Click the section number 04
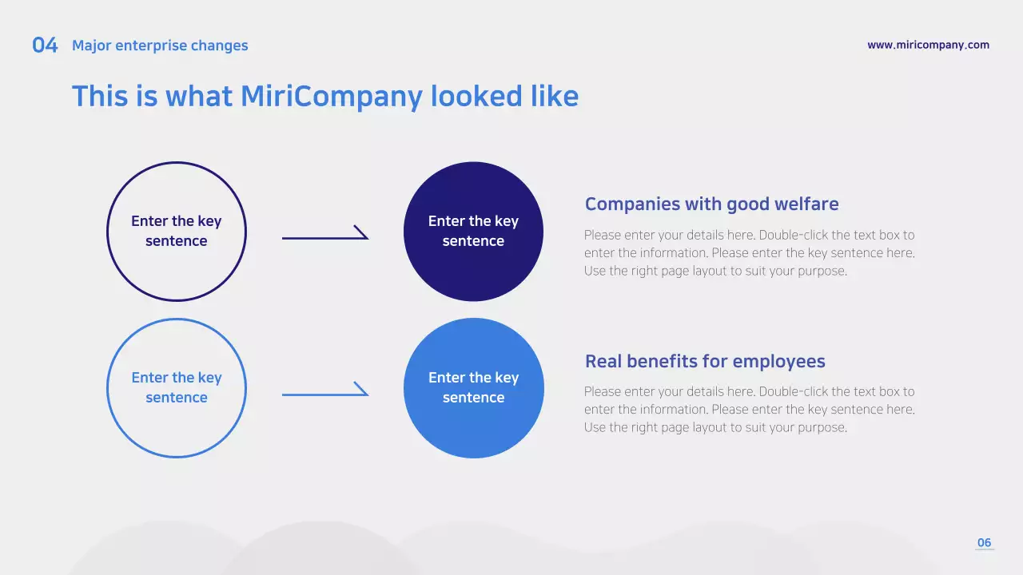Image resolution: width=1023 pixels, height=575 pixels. coord(45,46)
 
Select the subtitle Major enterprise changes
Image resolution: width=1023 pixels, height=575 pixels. coord(160,46)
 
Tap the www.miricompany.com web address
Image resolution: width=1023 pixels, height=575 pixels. coord(928,45)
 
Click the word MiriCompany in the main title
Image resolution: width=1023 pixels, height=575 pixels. coord(331,97)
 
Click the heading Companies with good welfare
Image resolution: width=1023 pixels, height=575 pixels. coord(711,204)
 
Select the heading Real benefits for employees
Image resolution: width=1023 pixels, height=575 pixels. coord(705,362)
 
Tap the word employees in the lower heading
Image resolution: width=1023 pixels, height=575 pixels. coord(778,362)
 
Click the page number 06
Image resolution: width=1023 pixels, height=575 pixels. coord(984,543)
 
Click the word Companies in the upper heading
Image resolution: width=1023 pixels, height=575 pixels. coord(630,204)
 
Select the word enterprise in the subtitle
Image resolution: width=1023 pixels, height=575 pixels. coord(152,46)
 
